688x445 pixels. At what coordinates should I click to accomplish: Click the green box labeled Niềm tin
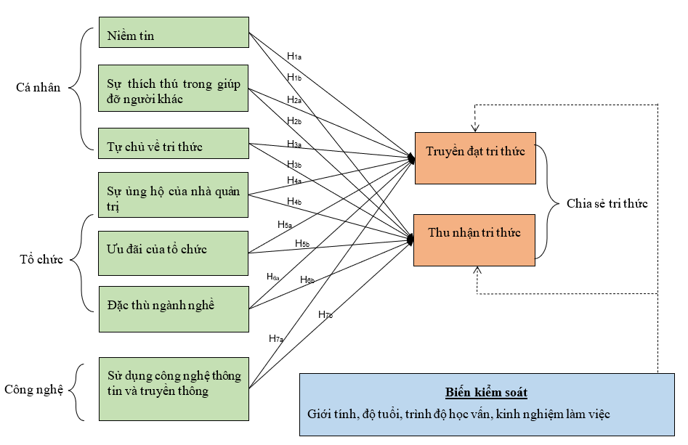coord(174,33)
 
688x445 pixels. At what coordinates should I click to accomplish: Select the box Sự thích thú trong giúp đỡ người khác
coord(174,89)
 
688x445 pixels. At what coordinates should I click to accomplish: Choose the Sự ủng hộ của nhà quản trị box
coord(174,195)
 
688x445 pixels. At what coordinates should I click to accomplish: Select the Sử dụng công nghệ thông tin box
coord(174,388)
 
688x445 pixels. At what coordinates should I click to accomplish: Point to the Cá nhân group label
coord(38,89)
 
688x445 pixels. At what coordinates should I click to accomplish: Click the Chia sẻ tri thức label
coord(607,204)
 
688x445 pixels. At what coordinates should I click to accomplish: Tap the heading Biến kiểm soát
coord(486,393)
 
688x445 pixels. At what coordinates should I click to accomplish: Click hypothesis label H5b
coord(302,242)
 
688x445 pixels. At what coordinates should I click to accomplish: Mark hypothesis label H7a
coord(276,338)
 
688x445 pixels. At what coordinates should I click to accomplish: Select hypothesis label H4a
coord(294,180)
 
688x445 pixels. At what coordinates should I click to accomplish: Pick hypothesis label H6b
coord(307,279)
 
